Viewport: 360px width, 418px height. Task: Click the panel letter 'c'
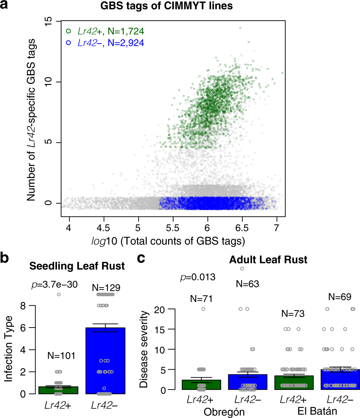click(x=143, y=259)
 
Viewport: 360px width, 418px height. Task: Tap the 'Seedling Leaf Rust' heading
click(x=77, y=266)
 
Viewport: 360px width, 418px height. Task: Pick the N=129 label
click(x=107, y=288)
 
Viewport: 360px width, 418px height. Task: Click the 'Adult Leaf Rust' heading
click(x=269, y=259)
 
